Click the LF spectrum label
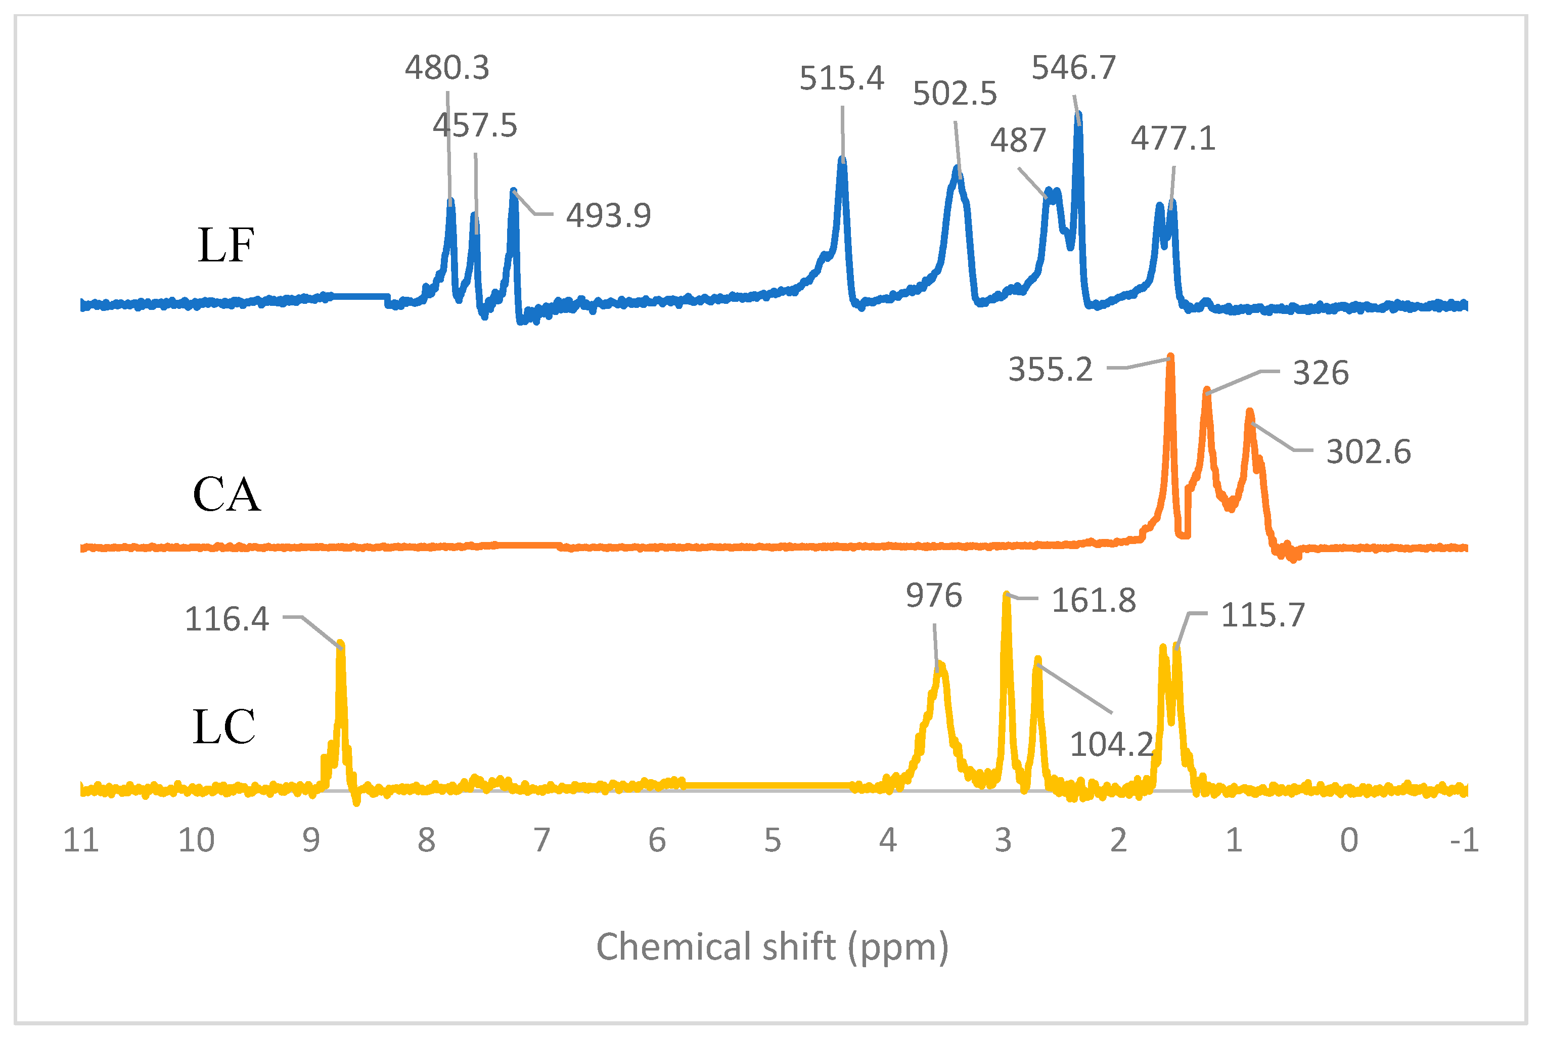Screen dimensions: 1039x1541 (225, 246)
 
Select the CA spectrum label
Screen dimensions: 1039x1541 (226, 494)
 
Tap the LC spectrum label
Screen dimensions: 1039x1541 (224, 727)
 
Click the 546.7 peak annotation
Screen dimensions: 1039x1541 (1073, 68)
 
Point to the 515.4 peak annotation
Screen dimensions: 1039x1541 (841, 79)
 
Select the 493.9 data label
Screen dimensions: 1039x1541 (608, 216)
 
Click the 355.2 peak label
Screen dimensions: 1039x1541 (1050, 370)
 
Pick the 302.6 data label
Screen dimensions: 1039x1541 (1368, 453)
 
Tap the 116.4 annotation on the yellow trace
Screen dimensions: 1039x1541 (226, 619)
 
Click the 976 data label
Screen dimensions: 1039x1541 (933, 596)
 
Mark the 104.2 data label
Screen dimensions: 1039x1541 (1112, 745)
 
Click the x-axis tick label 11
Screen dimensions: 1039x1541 (81, 841)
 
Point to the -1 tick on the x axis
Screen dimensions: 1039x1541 (1464, 841)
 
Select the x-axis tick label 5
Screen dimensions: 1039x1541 (773, 841)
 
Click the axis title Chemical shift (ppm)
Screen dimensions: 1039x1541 (773, 947)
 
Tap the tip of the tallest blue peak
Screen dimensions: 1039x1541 (1078, 114)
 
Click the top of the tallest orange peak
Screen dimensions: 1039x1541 (1170, 358)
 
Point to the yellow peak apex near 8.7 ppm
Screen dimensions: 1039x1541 (341, 644)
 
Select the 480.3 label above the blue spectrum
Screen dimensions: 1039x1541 (447, 68)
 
